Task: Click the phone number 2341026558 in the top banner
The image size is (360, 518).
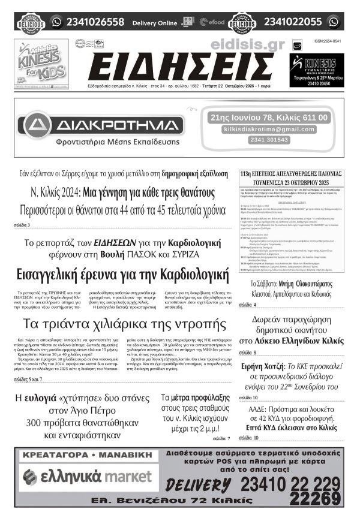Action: [95, 22]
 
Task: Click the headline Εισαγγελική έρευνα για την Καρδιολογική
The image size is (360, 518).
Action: [124, 275]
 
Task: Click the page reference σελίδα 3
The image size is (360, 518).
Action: [22, 225]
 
